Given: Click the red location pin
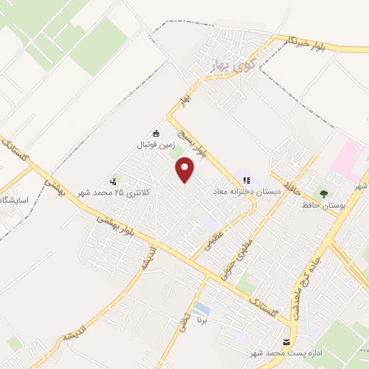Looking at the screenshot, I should click(x=185, y=171).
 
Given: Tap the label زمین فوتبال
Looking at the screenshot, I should click(x=156, y=145).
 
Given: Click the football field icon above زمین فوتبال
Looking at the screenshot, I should click(x=156, y=133).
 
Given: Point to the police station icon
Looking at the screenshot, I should click(x=113, y=182).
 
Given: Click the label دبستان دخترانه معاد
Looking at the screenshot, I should click(x=240, y=192).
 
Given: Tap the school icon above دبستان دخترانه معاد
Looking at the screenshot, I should click(x=246, y=181).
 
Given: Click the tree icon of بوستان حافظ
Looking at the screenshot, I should click(x=324, y=193).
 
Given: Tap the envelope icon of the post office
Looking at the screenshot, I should click(x=288, y=342).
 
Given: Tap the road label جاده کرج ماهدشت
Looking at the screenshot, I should click(x=305, y=273).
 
